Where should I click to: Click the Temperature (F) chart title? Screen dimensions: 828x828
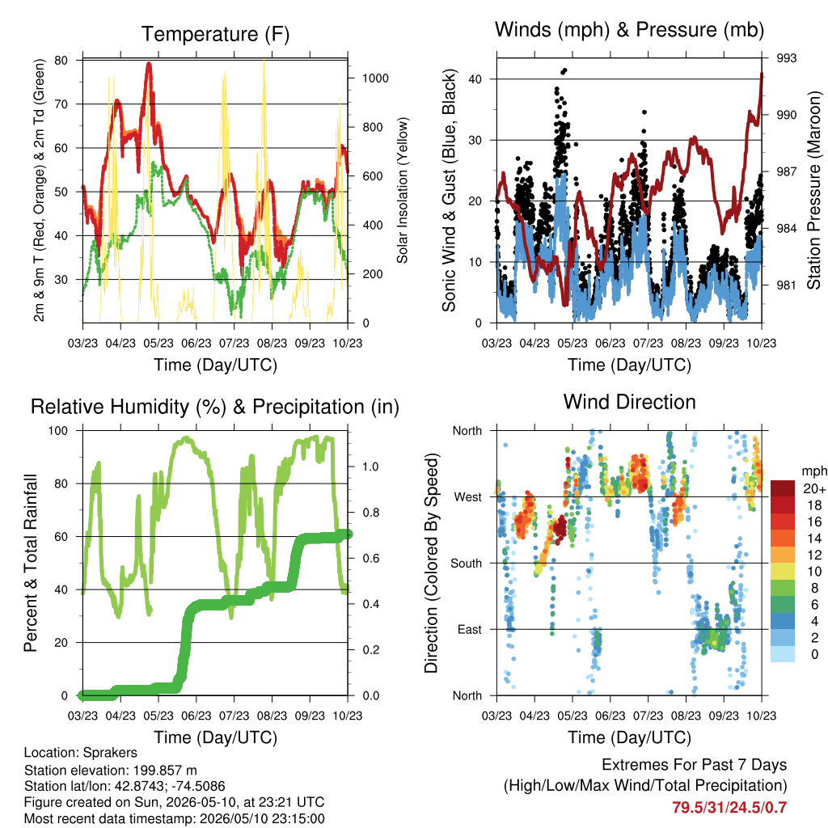pyautogui.click(x=215, y=34)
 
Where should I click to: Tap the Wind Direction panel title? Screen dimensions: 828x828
pyautogui.click(x=629, y=402)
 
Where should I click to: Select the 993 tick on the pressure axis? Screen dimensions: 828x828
pyautogui.click(x=786, y=58)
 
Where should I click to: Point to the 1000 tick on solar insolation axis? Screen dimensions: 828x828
pyautogui.click(x=375, y=78)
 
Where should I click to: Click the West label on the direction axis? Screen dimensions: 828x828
pyautogui.click(x=468, y=497)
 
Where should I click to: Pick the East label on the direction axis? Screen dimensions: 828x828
pyautogui.click(x=470, y=629)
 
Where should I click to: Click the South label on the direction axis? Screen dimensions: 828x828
pyautogui.click(x=467, y=564)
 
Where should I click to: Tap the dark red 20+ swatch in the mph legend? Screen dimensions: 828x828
pyautogui.click(x=783, y=488)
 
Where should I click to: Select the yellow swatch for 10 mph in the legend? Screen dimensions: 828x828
pyautogui.click(x=783, y=572)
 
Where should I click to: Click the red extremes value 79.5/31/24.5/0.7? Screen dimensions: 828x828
pyautogui.click(x=729, y=808)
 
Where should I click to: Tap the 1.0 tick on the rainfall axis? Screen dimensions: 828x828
pyautogui.click(x=370, y=467)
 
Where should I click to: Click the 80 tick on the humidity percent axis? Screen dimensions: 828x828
pyautogui.click(x=61, y=484)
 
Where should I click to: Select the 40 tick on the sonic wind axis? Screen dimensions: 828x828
pyautogui.click(x=475, y=79)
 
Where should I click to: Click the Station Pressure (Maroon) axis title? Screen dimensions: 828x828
pyautogui.click(x=813, y=190)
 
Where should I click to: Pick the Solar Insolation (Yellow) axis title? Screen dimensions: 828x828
pyautogui.click(x=403, y=190)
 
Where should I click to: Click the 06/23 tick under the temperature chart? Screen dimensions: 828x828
pyautogui.click(x=196, y=343)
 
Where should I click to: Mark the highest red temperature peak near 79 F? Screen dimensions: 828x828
pyautogui.click(x=149, y=65)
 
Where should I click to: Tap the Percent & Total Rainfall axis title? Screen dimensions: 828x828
pyautogui.click(x=31, y=563)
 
